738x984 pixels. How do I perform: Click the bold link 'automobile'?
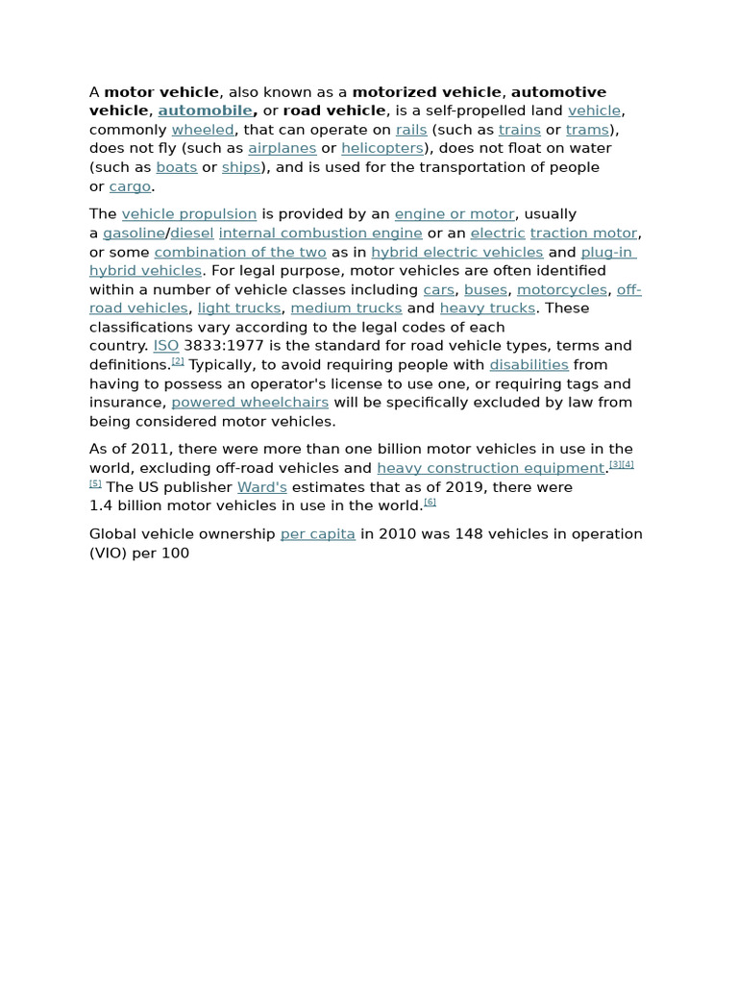click(x=205, y=111)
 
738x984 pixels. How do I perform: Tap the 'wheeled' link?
click(x=202, y=130)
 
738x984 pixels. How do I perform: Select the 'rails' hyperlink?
click(x=411, y=130)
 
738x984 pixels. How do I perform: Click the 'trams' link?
click(x=587, y=130)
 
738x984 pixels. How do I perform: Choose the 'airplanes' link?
click(x=282, y=148)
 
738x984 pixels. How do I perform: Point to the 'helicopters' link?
click(x=381, y=148)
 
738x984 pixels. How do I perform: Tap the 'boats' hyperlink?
click(x=176, y=167)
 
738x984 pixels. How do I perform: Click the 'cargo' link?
click(x=130, y=186)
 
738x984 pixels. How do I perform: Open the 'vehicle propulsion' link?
click(x=188, y=214)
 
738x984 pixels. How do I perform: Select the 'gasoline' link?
click(x=134, y=233)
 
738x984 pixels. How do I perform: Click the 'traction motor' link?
click(x=583, y=233)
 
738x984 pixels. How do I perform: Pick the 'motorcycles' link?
click(x=561, y=289)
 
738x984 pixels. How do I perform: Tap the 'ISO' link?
click(x=165, y=346)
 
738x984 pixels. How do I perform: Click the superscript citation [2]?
click(x=178, y=361)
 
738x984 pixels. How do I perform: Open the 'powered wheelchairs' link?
click(x=250, y=403)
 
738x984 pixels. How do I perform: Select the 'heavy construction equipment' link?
click(x=490, y=468)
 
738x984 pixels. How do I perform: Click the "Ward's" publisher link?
click(x=261, y=487)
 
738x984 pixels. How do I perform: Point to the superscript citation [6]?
click(x=430, y=502)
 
